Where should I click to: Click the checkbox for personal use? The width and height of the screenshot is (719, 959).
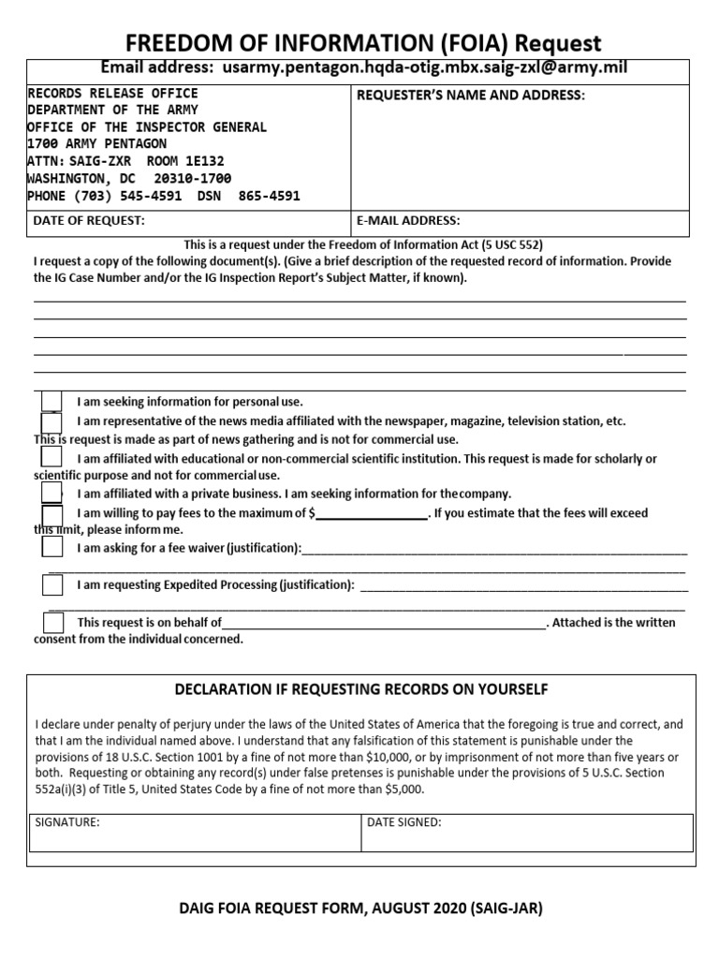pos(52,401)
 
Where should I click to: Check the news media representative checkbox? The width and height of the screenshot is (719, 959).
pos(52,422)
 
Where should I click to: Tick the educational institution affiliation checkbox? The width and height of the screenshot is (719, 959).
pos(52,457)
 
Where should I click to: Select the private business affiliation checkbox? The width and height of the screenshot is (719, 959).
pos(52,493)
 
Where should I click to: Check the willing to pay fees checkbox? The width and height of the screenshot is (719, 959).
pos(52,514)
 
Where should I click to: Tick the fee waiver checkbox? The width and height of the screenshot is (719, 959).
pos(52,549)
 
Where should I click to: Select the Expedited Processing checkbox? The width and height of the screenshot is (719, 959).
pos(52,585)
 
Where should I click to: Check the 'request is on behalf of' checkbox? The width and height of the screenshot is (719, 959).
pos(53,622)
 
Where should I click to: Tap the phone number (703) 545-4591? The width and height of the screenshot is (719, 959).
pos(93,196)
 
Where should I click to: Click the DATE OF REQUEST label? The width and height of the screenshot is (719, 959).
pos(89,221)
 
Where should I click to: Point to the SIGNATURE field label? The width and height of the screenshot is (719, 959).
pos(67,822)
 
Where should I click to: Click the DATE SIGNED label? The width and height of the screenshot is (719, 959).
pos(404,822)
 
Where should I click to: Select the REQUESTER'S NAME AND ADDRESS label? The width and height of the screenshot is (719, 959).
pos(471,96)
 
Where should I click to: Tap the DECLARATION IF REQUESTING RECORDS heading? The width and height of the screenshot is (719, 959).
pos(361,690)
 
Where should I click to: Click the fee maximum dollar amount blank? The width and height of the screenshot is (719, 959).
pos(372,514)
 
